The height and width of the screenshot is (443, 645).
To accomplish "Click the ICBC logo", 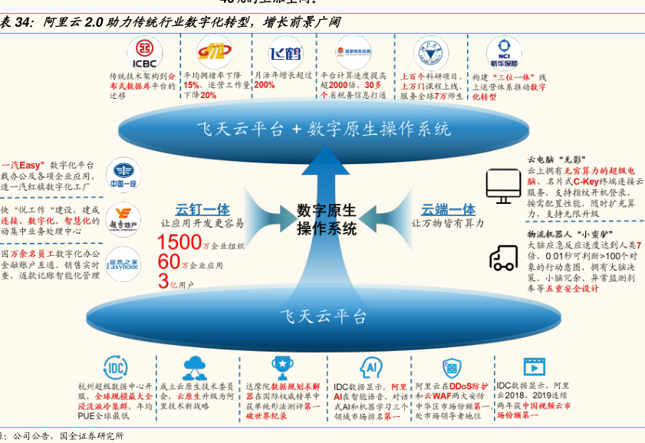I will click(144, 52).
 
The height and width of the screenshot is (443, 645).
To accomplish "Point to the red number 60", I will click(169, 262).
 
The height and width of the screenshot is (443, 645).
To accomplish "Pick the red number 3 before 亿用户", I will click(162, 281).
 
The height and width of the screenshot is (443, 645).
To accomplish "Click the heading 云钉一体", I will click(202, 208).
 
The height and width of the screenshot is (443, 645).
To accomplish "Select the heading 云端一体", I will click(448, 208).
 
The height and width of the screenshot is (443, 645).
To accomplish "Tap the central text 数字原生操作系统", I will click(327, 219).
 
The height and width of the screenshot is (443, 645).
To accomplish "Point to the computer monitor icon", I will click(503, 184).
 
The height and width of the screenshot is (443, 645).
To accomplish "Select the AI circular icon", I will click(371, 366).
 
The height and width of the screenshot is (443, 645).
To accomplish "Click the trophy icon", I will click(281, 366).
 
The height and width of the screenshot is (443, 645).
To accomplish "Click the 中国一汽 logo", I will click(123, 173).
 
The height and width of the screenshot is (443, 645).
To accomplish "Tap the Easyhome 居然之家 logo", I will click(123, 263).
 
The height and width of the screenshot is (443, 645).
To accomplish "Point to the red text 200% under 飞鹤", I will click(264, 85).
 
